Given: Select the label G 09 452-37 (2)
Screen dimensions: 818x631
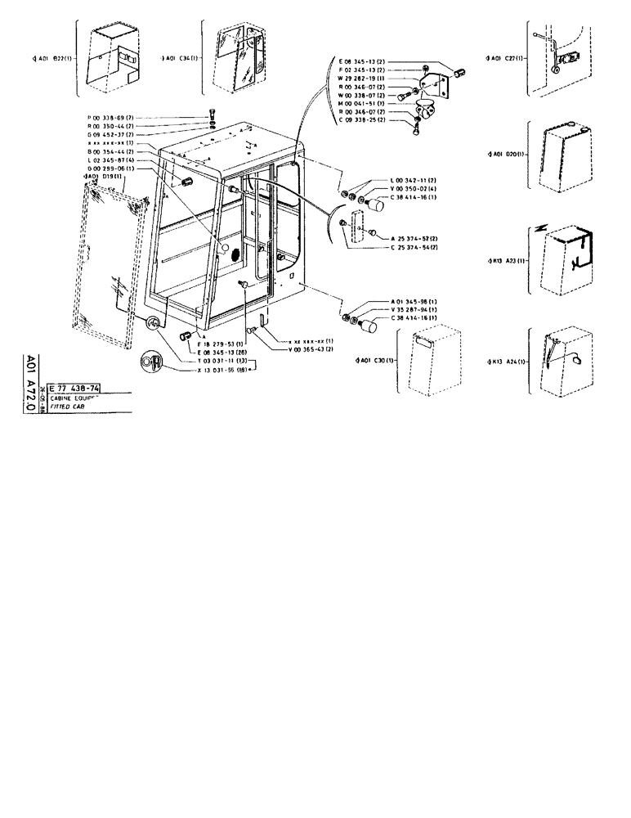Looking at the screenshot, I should [x=111, y=135].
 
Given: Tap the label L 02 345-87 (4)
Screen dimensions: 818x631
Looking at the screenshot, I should [x=111, y=160].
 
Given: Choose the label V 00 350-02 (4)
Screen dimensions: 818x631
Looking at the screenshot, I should [x=414, y=188].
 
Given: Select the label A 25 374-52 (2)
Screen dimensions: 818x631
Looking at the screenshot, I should [x=414, y=237].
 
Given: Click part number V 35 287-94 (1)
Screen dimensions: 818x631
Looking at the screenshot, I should [x=414, y=311].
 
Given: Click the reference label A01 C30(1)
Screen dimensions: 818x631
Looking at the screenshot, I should [x=376, y=361].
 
